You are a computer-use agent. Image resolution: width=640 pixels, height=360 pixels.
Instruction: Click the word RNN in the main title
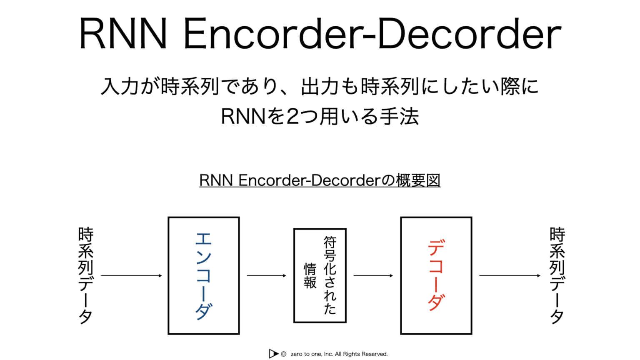coord(123,34)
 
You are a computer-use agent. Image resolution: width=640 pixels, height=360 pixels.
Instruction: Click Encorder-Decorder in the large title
coord(372,34)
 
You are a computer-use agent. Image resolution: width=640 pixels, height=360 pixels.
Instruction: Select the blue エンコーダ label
coord(203,275)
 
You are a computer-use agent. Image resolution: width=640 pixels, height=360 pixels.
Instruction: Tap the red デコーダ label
coord(436,275)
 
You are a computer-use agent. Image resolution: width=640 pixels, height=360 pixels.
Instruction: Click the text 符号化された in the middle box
coord(330,275)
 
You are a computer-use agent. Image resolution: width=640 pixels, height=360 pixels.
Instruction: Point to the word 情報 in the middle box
coord(310,275)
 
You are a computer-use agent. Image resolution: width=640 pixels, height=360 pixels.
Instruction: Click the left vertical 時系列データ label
coord(86,275)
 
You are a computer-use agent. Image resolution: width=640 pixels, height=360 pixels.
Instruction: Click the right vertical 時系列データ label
coord(557,275)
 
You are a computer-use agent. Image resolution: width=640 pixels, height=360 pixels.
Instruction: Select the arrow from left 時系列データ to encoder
coord(131,275)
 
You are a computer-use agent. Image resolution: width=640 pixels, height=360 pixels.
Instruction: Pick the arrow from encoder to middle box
coord(266,275)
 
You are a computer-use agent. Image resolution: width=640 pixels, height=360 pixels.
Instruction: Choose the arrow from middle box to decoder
coord(373,275)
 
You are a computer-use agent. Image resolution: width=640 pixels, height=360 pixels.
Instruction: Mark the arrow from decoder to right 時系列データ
coord(509,275)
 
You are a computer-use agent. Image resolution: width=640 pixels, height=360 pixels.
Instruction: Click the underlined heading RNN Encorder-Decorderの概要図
coord(320,180)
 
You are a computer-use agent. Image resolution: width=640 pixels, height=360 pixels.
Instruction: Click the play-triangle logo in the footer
coord(273,354)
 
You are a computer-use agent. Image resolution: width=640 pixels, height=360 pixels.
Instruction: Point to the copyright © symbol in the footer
coord(283,354)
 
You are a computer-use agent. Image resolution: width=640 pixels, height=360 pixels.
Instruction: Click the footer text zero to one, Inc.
coord(312,354)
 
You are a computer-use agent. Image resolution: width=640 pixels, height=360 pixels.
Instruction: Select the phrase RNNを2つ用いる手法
coord(320,116)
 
